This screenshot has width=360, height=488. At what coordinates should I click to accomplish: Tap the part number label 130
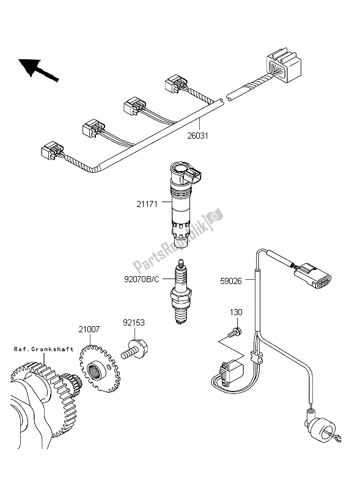(x=236, y=313)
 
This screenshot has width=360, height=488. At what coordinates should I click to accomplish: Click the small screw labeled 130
(x=232, y=333)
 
